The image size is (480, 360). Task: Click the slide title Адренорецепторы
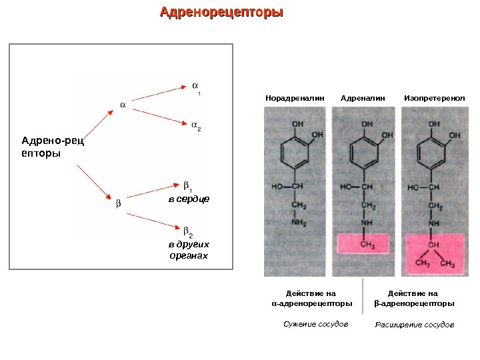click(x=222, y=13)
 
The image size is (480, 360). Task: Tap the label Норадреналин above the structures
click(x=295, y=98)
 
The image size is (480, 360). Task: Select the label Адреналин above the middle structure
click(x=363, y=98)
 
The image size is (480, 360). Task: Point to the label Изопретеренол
click(x=434, y=98)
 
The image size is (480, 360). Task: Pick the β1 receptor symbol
click(x=188, y=186)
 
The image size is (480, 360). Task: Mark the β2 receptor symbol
click(x=188, y=231)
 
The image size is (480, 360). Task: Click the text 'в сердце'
click(x=188, y=199)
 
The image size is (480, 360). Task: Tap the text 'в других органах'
click(x=188, y=250)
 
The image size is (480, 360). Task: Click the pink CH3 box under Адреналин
click(x=367, y=244)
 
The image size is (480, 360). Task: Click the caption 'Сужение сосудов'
click(x=315, y=324)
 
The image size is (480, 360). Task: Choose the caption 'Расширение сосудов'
click(x=414, y=325)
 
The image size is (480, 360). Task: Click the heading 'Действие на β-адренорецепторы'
click(x=413, y=298)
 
